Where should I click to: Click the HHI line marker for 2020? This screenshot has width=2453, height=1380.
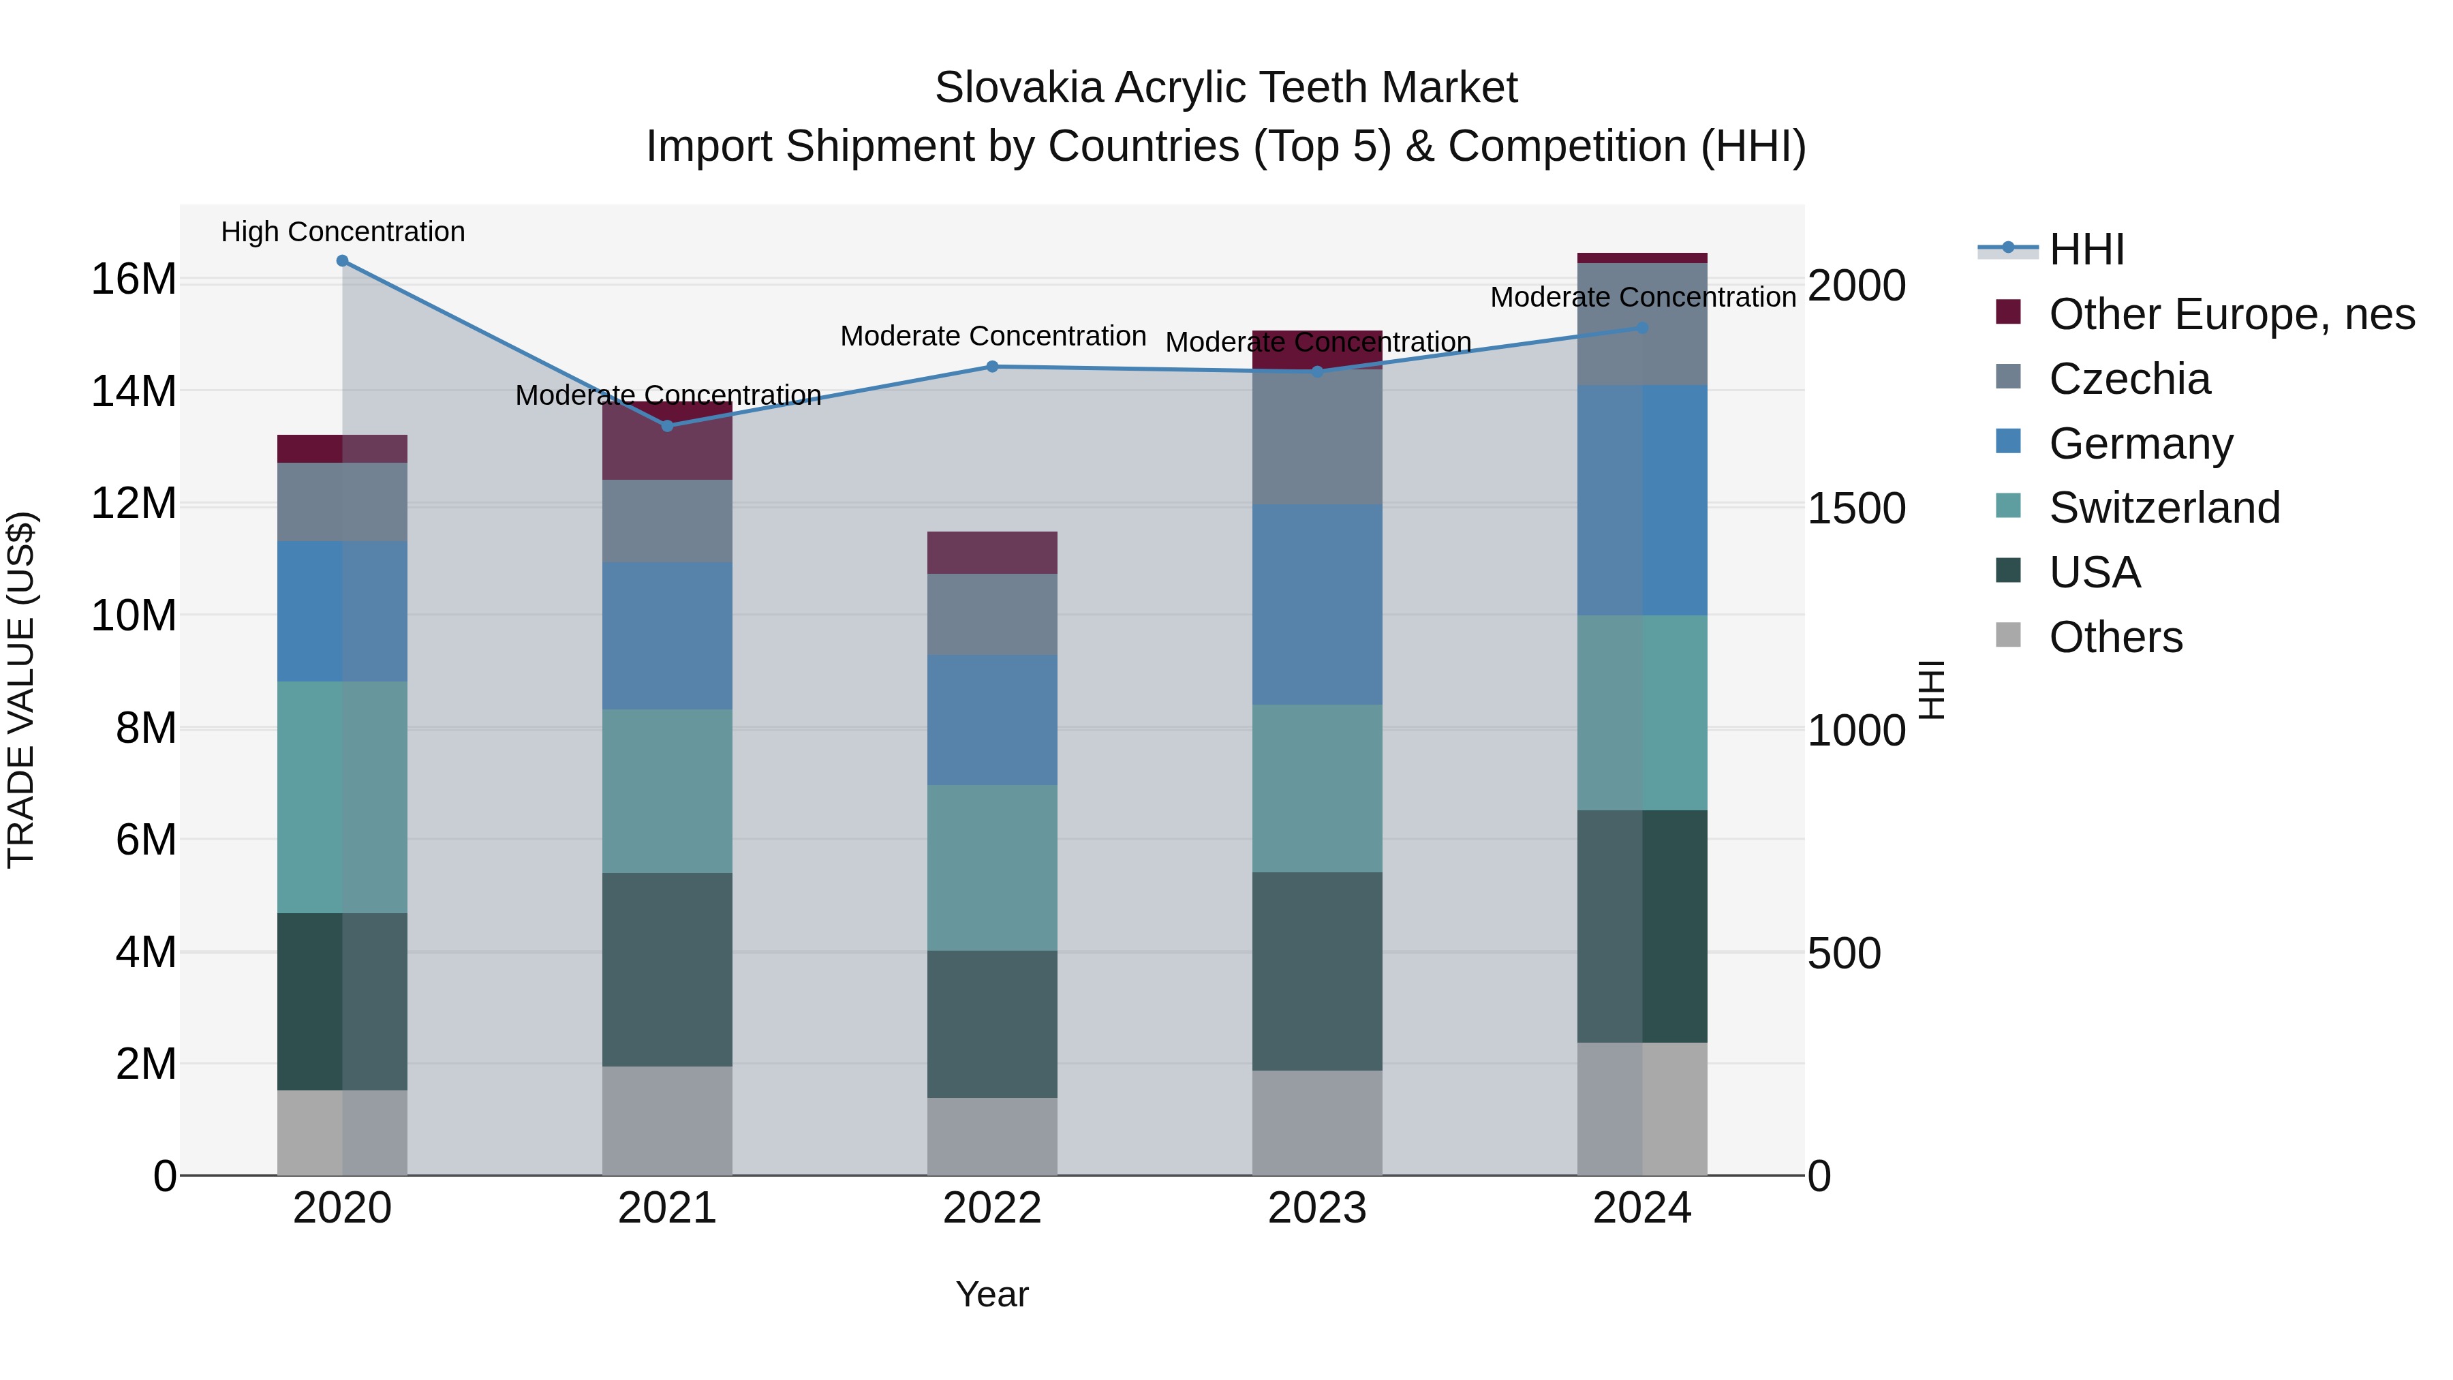[x=342, y=261]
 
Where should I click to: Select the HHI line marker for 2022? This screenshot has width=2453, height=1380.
[x=992, y=367]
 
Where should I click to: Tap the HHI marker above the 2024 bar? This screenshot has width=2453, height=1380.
[x=1643, y=328]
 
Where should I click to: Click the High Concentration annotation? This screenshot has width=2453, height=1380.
[x=343, y=232]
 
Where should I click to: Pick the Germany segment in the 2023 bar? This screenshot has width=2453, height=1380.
[x=1317, y=604]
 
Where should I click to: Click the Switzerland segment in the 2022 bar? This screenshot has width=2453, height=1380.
[x=992, y=868]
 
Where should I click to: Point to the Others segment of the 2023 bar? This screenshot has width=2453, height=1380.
[x=1317, y=1123]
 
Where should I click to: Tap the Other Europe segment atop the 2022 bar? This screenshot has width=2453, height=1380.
[x=992, y=553]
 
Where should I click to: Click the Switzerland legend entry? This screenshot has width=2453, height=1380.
[x=2163, y=508]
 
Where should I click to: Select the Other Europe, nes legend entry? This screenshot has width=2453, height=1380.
[x=2231, y=314]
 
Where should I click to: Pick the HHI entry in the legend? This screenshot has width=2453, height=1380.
[x=2086, y=249]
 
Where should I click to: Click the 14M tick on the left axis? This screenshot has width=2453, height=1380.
[x=134, y=391]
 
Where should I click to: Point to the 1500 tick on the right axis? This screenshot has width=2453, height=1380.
[x=1856, y=508]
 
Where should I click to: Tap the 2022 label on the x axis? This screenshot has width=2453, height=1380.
[x=992, y=1208]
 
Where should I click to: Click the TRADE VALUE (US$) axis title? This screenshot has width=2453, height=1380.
[x=21, y=690]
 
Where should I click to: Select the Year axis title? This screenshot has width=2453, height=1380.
[x=992, y=1294]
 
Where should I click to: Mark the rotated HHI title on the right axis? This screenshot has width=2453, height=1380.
[x=1931, y=690]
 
